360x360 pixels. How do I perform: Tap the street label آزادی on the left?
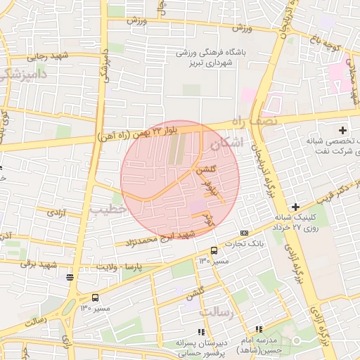[x=56, y=212]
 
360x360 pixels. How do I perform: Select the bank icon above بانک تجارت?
[x=244, y=233]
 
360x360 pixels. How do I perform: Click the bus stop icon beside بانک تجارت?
[x=214, y=250]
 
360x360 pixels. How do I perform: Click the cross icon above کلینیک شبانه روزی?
[x=295, y=207]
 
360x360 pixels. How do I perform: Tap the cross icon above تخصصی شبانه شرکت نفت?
[x=343, y=130]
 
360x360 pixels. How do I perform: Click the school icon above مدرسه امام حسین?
[x=259, y=328]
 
